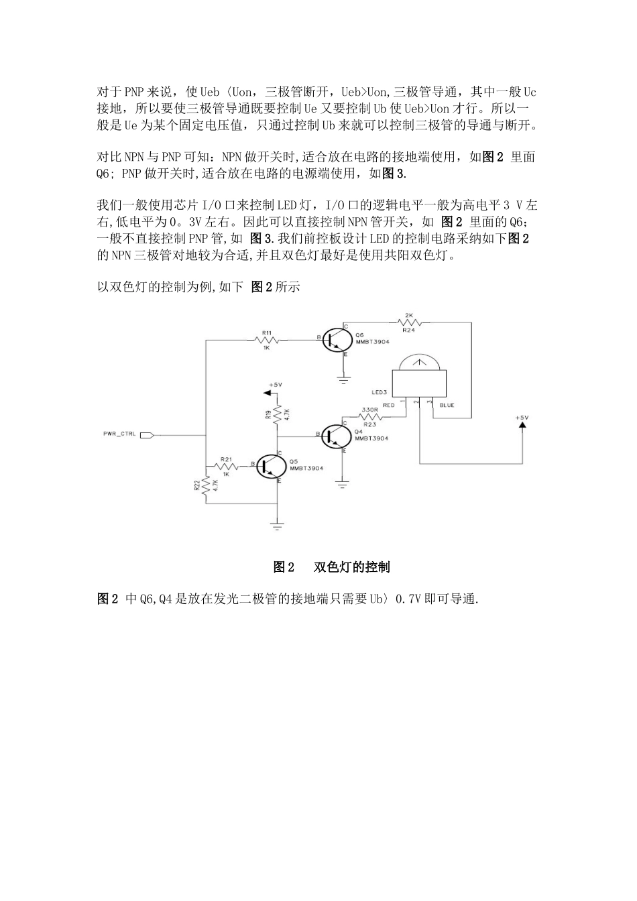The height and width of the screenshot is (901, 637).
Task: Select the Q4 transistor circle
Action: click(x=333, y=435)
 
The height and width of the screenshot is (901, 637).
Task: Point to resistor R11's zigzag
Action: click(x=267, y=340)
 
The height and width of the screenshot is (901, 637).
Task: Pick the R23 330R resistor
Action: click(x=369, y=417)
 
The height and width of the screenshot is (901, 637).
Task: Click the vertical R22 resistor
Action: click(x=205, y=487)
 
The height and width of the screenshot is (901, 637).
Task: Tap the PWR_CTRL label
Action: click(x=119, y=434)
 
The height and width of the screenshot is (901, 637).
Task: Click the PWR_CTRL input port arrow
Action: click(x=148, y=434)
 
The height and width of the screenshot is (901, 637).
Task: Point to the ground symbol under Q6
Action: click(x=344, y=380)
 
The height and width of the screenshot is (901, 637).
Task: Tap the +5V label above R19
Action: click(x=276, y=384)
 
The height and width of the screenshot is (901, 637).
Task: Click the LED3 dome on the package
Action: click(x=418, y=363)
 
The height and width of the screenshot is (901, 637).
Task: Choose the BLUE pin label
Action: click(x=447, y=405)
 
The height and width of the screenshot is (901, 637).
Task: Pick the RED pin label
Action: click(x=389, y=405)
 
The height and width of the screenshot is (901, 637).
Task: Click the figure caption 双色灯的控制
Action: click(x=351, y=567)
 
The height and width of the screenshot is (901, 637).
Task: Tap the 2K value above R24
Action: click(x=410, y=314)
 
